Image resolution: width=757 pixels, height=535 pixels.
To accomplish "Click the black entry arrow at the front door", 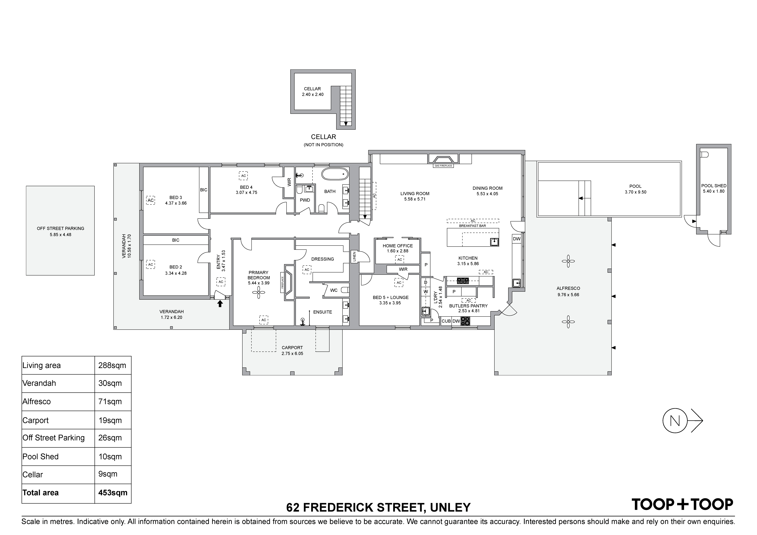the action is tap(220, 303).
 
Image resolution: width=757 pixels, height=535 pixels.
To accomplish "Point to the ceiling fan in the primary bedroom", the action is tap(259, 292).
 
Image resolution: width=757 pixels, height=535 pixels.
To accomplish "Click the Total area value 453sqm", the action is tap(113, 493).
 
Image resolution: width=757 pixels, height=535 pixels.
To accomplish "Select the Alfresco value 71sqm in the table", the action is tap(110, 401).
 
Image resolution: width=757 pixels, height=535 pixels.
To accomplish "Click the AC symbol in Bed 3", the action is tap(151, 200).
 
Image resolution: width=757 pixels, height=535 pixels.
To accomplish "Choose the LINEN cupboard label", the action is tap(354, 256).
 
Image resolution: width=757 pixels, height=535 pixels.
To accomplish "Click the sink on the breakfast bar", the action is tap(494, 242).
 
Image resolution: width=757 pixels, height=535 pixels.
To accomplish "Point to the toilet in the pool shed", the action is tap(704, 154).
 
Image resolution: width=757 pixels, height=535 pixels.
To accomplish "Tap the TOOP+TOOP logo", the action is tap(682, 504).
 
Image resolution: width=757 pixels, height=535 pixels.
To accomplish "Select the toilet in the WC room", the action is tap(345, 290).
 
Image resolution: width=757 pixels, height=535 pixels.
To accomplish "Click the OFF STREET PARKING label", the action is tap(60, 228).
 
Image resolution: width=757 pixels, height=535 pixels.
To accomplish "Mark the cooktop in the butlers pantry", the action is tap(465, 321).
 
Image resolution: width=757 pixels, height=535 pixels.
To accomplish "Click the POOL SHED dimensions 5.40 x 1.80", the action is tap(713, 191).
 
